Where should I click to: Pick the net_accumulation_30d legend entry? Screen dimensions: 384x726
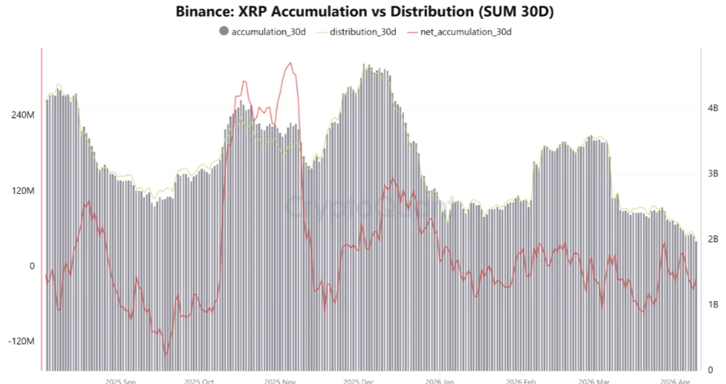(x=464, y=31)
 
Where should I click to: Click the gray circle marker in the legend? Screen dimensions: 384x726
(x=223, y=31)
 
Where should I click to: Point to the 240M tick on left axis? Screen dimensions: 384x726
(x=22, y=115)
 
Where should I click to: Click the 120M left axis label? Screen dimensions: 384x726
(x=22, y=191)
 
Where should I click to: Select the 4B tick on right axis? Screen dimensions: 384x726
(x=712, y=108)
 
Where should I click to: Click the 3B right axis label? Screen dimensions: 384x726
(x=712, y=173)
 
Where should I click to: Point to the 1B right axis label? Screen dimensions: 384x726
(x=712, y=305)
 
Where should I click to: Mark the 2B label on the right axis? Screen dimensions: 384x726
(x=712, y=240)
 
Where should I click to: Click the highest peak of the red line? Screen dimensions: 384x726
(x=291, y=63)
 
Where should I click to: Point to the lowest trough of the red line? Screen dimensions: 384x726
(x=165, y=355)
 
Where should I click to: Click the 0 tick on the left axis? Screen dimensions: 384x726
(x=32, y=266)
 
